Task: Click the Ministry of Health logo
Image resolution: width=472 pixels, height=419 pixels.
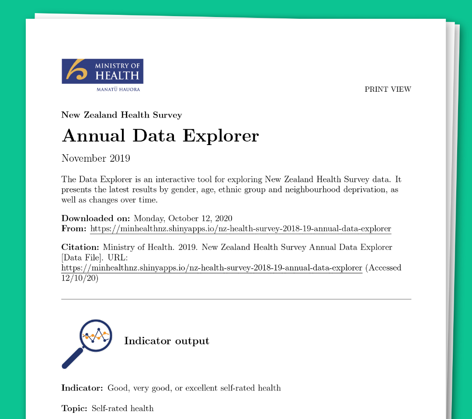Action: pyautogui.click(x=102, y=71)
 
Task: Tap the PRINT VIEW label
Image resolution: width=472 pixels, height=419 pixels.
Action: pyautogui.click(x=388, y=90)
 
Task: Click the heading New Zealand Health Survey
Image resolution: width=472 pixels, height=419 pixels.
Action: pyautogui.click(x=121, y=115)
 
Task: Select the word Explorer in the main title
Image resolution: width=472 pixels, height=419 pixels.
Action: pyautogui.click(x=221, y=136)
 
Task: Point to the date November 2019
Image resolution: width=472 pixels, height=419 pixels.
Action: pyautogui.click(x=96, y=158)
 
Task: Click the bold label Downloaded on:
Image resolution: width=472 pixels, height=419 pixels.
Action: pyautogui.click(x=96, y=218)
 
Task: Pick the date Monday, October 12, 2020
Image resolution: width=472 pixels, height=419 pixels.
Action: pyautogui.click(x=183, y=218)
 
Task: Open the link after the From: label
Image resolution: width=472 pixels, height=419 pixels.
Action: pyautogui.click(x=240, y=229)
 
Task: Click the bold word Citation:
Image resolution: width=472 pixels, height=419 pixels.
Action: pyautogui.click(x=80, y=247)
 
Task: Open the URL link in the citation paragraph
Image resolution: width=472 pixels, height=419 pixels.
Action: pyautogui.click(x=212, y=268)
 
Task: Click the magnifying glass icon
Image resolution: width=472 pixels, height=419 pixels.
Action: pyautogui.click(x=87, y=343)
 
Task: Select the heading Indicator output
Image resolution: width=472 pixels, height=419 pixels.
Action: pyautogui.click(x=167, y=341)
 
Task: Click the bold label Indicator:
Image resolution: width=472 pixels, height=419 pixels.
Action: pyautogui.click(x=82, y=388)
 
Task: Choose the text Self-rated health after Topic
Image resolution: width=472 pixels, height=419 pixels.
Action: pyautogui.click(x=122, y=409)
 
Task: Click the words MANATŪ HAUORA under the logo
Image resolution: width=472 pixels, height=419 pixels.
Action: pyautogui.click(x=118, y=90)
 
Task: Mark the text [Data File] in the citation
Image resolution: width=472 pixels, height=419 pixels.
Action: pyautogui.click(x=81, y=258)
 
